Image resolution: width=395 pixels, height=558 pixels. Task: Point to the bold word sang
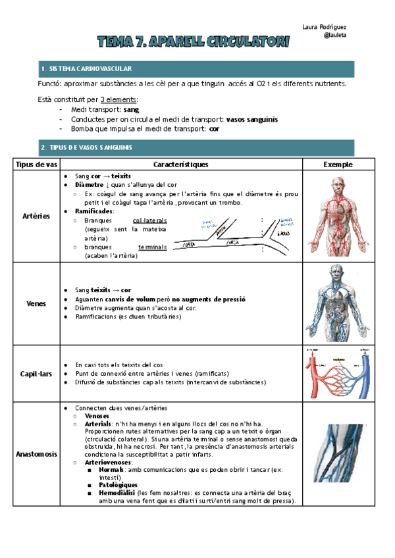pos(131,109)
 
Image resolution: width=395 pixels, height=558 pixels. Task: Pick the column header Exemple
pos(338,164)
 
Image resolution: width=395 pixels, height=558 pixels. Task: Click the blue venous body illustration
pos(338,303)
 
